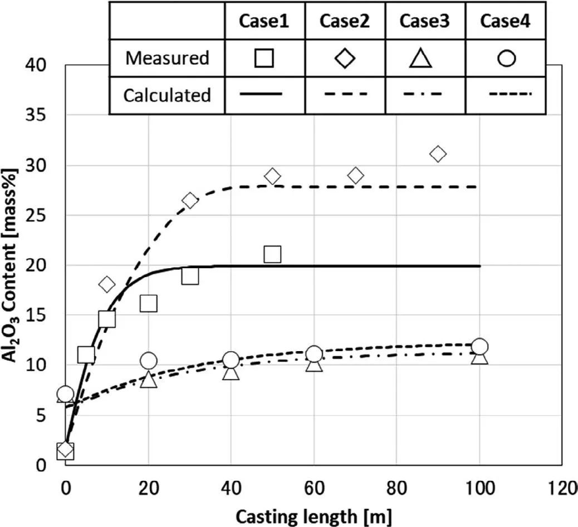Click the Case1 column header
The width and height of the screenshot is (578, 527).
[264, 21]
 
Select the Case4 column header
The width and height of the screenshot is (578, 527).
[505, 21]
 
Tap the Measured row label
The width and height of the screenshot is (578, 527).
[167, 57]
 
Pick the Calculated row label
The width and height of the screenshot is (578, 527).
[167, 95]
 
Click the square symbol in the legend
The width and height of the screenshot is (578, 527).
[264, 58]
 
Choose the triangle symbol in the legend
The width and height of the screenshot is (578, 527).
[425, 58]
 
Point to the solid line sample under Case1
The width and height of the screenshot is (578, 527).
[264, 95]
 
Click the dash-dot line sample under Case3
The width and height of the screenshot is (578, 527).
[425, 95]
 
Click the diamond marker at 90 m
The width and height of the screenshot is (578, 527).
[438, 154]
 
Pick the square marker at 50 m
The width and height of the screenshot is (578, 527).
[272, 254]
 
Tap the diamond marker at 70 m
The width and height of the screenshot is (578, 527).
[355, 176]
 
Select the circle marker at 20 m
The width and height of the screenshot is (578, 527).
[148, 361]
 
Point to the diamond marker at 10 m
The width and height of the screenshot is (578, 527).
[107, 284]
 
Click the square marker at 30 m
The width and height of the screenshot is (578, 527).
[190, 275]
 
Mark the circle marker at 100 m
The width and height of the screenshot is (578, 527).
[479, 346]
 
